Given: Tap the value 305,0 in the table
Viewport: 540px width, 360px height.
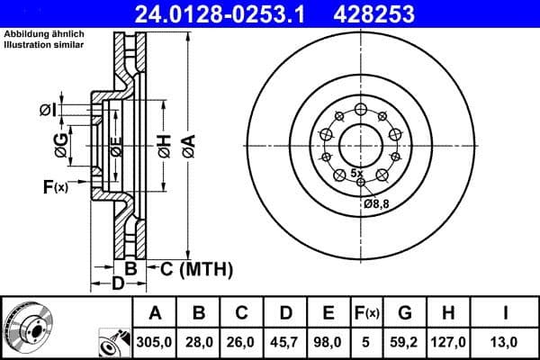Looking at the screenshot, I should (x=156, y=342).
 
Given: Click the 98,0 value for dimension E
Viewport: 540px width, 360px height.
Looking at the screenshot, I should (x=329, y=342).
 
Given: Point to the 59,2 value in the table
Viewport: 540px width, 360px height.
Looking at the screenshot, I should (x=405, y=342).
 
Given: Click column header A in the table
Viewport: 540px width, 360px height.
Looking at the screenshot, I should (x=156, y=313).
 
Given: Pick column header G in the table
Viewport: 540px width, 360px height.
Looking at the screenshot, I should (x=405, y=313).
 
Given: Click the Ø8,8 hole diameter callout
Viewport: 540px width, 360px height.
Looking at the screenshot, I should (x=376, y=204).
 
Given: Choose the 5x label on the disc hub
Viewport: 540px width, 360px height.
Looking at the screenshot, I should (x=356, y=172).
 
